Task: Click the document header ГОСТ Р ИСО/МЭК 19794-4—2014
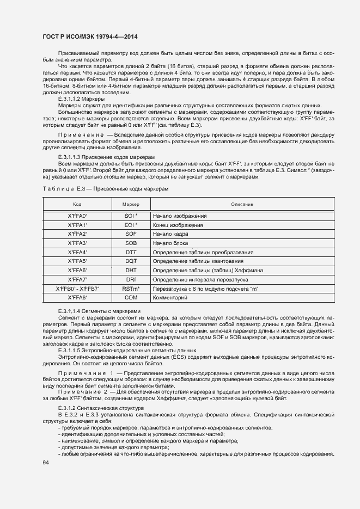point(90,36)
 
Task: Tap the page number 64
point(45,463)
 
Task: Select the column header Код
point(77,204)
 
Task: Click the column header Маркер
point(131,204)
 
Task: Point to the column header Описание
point(242,204)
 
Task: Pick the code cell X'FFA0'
point(77,216)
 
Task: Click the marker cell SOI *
point(131,216)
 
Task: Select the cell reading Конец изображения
point(178,225)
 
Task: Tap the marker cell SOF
point(131,234)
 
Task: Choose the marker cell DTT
point(131,253)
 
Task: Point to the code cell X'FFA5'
point(77,261)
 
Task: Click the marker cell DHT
point(131,271)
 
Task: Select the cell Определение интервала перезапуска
point(199,280)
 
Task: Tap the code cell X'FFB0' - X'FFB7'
point(77,289)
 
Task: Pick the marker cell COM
point(131,298)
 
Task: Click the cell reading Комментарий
point(170,298)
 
